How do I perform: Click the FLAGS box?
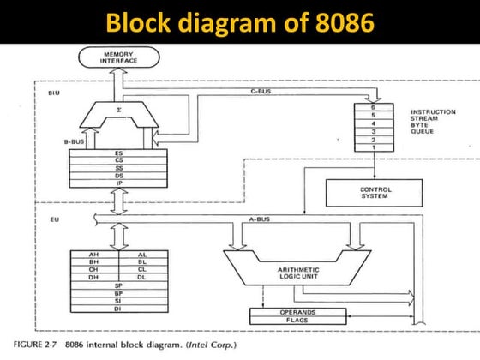(x=298, y=321)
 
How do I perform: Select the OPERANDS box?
(x=298, y=313)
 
